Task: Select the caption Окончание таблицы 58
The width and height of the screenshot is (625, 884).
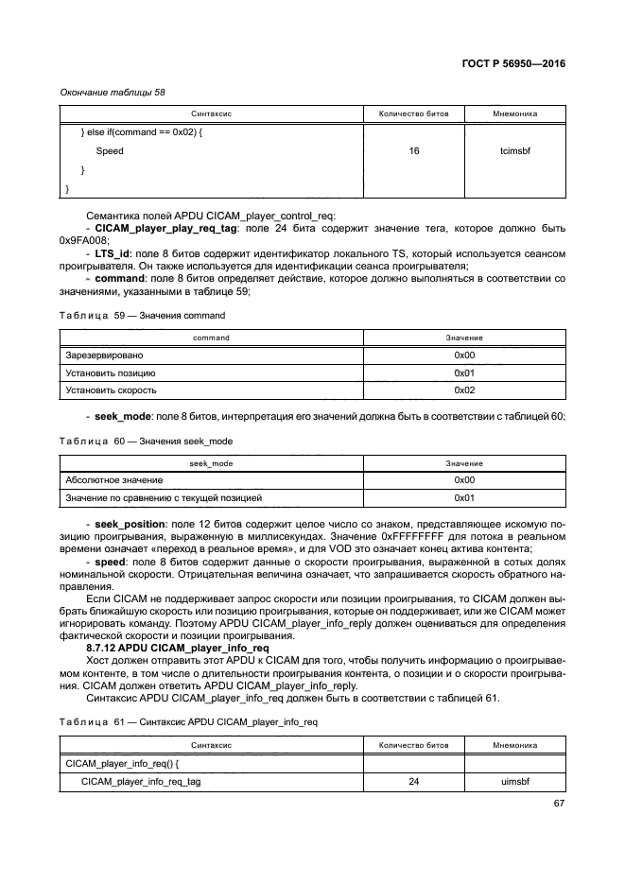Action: pos(113,92)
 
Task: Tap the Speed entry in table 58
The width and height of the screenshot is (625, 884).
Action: pos(109,150)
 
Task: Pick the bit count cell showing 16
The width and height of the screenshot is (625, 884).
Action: pos(414,150)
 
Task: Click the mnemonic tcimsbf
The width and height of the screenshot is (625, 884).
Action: pos(514,150)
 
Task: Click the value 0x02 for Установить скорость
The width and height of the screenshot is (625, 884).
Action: pos(463,390)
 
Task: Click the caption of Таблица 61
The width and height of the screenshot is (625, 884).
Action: pos(188,721)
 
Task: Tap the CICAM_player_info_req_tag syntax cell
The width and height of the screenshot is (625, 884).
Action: pos(141,781)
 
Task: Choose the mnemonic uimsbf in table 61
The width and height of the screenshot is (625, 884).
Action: pos(514,781)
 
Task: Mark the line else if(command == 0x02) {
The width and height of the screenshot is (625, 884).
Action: pos(142,131)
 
